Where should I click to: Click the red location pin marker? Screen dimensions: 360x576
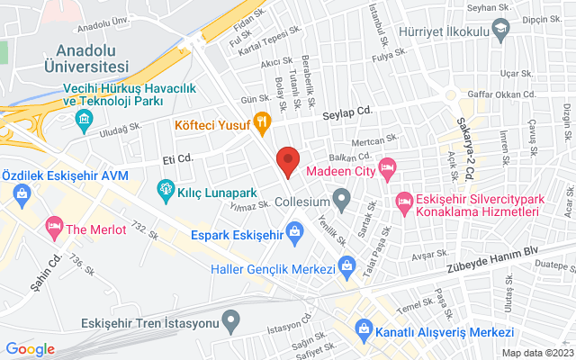(287, 160)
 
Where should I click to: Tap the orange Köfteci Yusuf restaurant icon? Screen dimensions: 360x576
(262, 120)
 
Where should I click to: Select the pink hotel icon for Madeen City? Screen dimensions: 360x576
(388, 167)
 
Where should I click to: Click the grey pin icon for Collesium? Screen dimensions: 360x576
(341, 197)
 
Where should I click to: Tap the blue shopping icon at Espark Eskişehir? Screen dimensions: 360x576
(294, 236)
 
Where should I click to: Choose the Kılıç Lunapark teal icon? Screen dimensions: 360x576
(166, 189)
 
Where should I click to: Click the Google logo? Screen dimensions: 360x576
(31, 348)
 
